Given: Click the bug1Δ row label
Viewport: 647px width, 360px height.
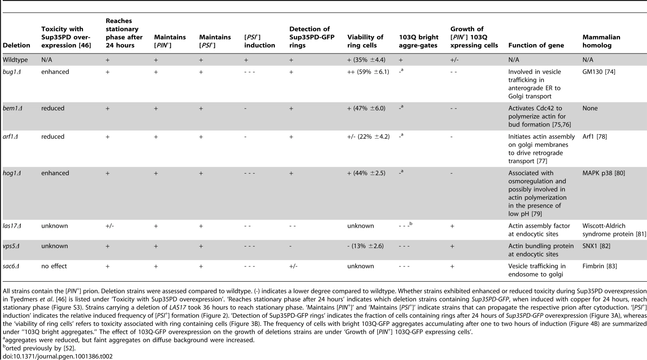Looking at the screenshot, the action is coord(12,72).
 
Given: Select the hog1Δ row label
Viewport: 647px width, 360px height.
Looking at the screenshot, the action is coord(12,173).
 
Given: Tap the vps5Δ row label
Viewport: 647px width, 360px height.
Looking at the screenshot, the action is coord(11,246).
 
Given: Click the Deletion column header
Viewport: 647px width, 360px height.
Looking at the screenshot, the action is coord(17,45).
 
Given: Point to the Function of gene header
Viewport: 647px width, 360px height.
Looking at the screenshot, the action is coord(536,45).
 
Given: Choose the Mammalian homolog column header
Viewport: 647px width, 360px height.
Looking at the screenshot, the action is coord(602,41).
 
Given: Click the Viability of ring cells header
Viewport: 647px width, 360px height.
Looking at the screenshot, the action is coord(365,41).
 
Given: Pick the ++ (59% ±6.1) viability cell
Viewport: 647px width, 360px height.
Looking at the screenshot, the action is coord(368,72).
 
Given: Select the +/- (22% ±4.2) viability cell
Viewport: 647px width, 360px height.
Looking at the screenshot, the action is coord(368,137).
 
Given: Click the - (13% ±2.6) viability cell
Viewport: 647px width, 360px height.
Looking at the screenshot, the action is coord(366,246).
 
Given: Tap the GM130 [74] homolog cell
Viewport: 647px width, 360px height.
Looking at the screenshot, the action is coord(599,72).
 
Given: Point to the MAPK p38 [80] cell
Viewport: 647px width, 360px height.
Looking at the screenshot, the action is coord(604,173).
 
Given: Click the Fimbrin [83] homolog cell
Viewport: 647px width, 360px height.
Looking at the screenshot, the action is coord(600,266).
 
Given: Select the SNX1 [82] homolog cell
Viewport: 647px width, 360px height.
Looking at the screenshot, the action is coord(596,246).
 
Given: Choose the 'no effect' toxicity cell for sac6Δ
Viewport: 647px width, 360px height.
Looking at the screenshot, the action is coord(54,266).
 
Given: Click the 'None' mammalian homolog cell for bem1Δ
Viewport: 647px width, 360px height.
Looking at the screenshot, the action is coord(590,108).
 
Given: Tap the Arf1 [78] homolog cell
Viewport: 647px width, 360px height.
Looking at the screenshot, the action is coord(595,137).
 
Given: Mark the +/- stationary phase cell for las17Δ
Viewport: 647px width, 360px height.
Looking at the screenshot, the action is coord(110,226).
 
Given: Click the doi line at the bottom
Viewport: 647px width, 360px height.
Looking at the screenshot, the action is coord(58,356).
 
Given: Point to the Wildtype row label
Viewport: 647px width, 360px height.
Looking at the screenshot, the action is coord(15,60).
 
